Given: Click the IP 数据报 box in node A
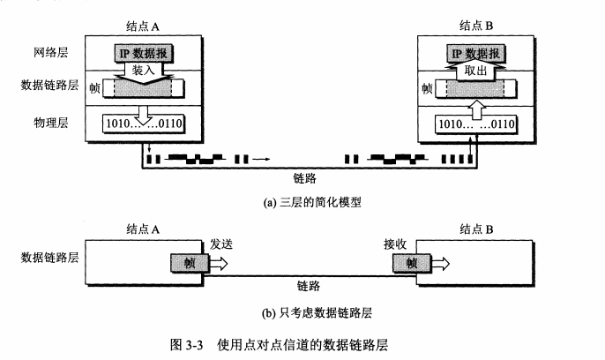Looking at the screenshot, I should pyautogui.click(x=143, y=54).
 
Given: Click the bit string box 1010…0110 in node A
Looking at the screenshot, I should pyautogui.click(x=143, y=124).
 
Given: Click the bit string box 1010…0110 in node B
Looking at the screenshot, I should pyautogui.click(x=477, y=124).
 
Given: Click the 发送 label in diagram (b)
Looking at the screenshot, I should pyautogui.click(x=223, y=243).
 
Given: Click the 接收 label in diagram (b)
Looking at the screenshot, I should pyautogui.click(x=396, y=243).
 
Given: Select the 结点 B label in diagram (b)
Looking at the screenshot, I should pyautogui.click(x=477, y=229).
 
